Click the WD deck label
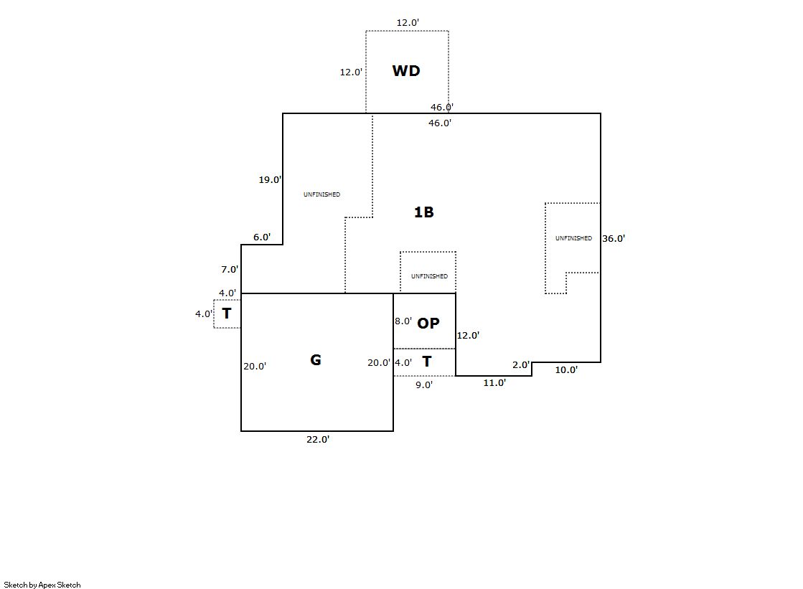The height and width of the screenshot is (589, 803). (x=405, y=71)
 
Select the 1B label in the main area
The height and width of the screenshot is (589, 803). (x=424, y=212)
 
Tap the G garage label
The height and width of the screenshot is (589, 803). (x=316, y=360)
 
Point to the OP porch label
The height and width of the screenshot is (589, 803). (x=428, y=324)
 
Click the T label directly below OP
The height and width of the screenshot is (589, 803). (x=427, y=362)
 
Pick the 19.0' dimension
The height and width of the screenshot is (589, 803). (x=270, y=180)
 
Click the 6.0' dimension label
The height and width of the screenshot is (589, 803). (x=262, y=237)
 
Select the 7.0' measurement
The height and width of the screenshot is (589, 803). (x=230, y=270)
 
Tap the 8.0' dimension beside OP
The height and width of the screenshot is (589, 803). (x=403, y=321)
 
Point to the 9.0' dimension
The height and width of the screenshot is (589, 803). (x=424, y=385)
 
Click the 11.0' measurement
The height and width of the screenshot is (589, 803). (x=494, y=383)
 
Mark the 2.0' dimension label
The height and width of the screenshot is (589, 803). (x=521, y=365)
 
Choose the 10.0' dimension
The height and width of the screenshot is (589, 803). (x=566, y=370)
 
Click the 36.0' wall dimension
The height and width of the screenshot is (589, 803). (x=614, y=239)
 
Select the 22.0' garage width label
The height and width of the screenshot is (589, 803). (x=318, y=440)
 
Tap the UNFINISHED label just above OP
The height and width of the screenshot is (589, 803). (x=429, y=276)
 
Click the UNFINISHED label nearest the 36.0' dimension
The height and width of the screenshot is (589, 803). (x=573, y=238)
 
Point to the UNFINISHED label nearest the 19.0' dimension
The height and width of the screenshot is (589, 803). (x=321, y=194)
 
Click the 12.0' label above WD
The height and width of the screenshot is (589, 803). (x=408, y=23)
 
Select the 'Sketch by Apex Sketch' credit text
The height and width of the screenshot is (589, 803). (x=42, y=585)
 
